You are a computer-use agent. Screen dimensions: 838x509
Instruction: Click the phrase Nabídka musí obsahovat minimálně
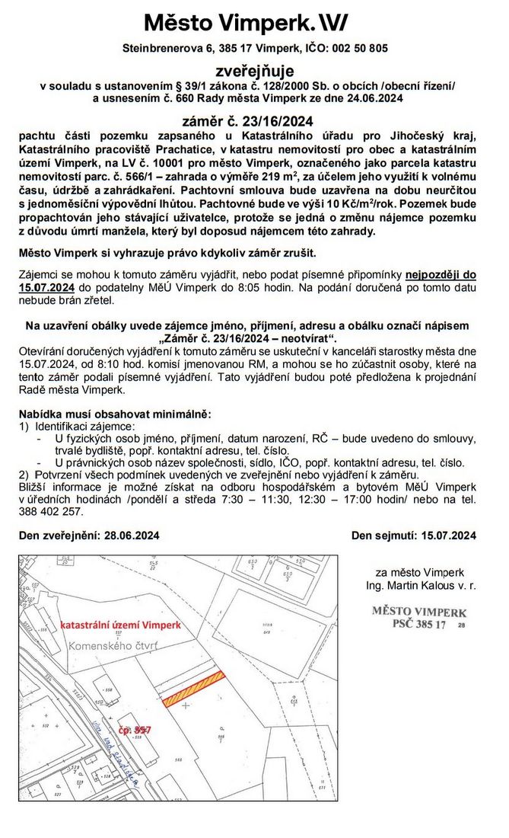pos(114,414)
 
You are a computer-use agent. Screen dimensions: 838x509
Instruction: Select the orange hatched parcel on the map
pos(195,689)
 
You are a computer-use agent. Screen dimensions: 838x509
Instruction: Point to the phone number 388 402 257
pos(51,512)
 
